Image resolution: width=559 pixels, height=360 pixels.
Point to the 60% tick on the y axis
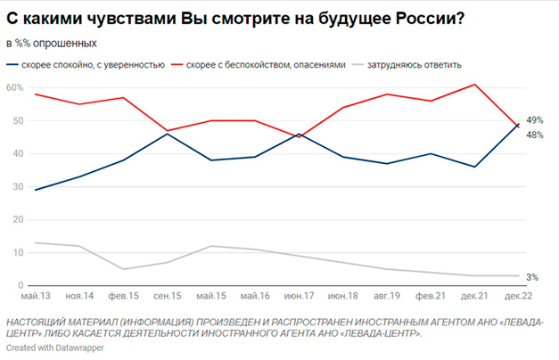[x=14, y=87]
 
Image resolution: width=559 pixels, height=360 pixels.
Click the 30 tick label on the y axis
[x=14, y=186]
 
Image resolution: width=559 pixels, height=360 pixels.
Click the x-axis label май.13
[x=36, y=296]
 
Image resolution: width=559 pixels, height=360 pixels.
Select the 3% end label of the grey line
[x=532, y=278]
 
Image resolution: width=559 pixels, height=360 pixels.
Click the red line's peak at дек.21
[x=474, y=85]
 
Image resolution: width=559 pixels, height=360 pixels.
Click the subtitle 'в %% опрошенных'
[x=52, y=43]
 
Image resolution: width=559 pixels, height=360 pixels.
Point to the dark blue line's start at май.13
[x=36, y=190]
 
